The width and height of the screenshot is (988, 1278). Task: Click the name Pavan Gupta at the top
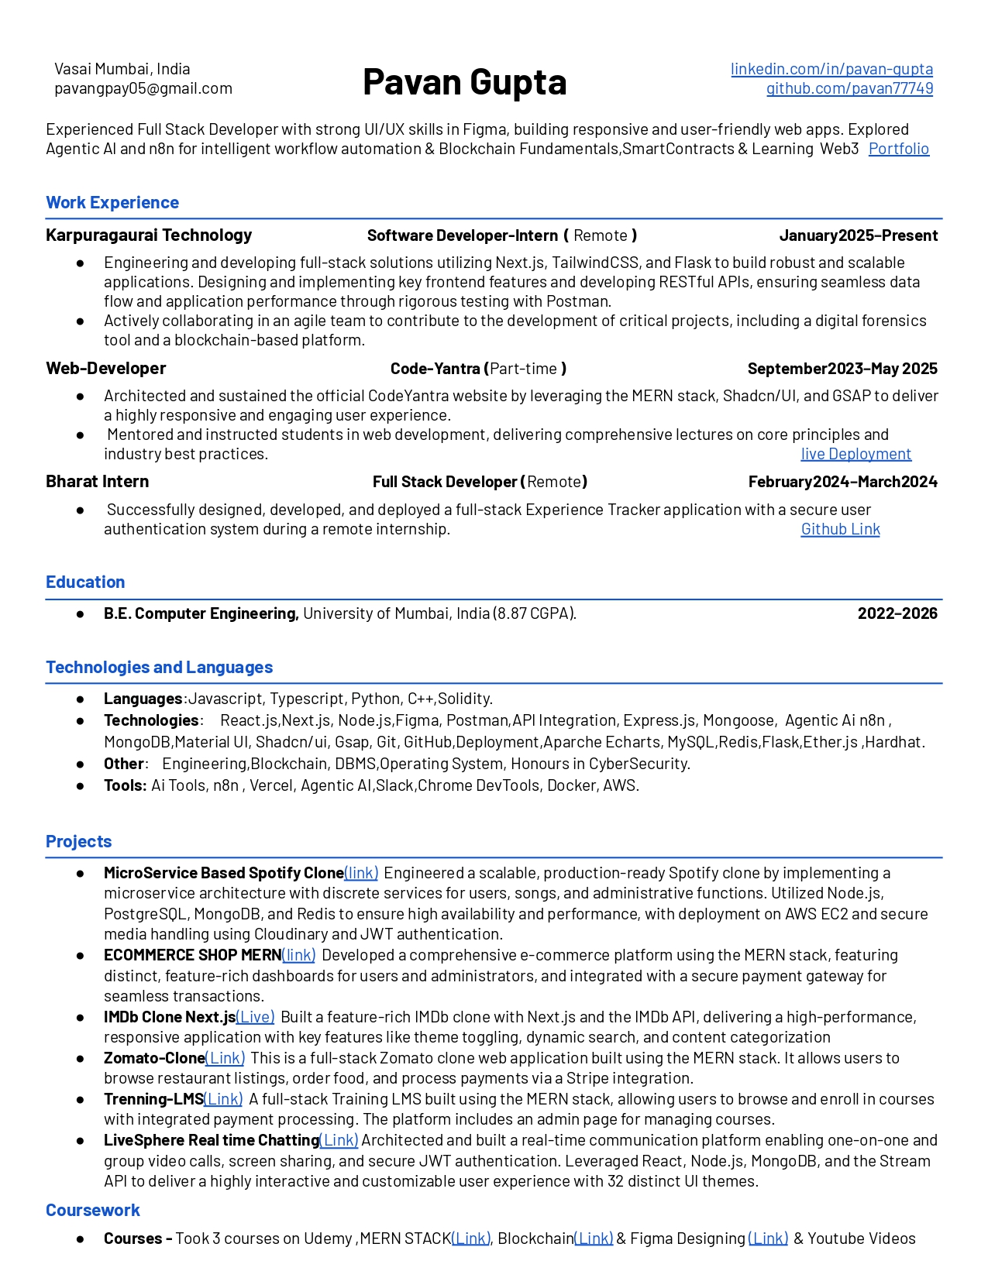tap(464, 82)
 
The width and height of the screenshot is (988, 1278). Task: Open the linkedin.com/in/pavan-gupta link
tap(831, 69)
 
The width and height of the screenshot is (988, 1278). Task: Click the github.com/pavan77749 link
tap(849, 88)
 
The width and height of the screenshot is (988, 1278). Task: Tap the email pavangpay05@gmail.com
tap(143, 88)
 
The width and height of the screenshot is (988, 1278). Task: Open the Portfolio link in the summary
tap(898, 149)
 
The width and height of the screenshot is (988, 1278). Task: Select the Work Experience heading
tap(112, 203)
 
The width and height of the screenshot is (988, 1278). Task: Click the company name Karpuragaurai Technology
tap(149, 235)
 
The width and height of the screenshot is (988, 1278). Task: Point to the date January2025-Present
tap(859, 235)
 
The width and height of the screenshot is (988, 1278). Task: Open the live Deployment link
tap(855, 454)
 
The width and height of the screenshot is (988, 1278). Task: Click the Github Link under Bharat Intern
tap(840, 529)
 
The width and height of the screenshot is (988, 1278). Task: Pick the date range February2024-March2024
tap(842, 482)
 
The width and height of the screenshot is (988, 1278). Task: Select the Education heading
tap(85, 582)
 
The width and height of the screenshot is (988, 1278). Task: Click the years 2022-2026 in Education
tap(897, 613)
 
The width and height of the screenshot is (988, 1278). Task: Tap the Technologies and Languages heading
tap(159, 668)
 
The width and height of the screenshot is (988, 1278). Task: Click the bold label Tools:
tap(126, 785)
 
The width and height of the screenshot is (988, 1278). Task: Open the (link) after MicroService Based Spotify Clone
tap(361, 873)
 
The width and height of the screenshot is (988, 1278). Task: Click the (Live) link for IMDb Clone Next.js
tap(255, 1017)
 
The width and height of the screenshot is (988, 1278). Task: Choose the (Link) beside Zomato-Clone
tap(225, 1058)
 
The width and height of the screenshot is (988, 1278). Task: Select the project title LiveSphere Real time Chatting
tap(212, 1140)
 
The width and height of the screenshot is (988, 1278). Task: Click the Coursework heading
tap(93, 1211)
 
